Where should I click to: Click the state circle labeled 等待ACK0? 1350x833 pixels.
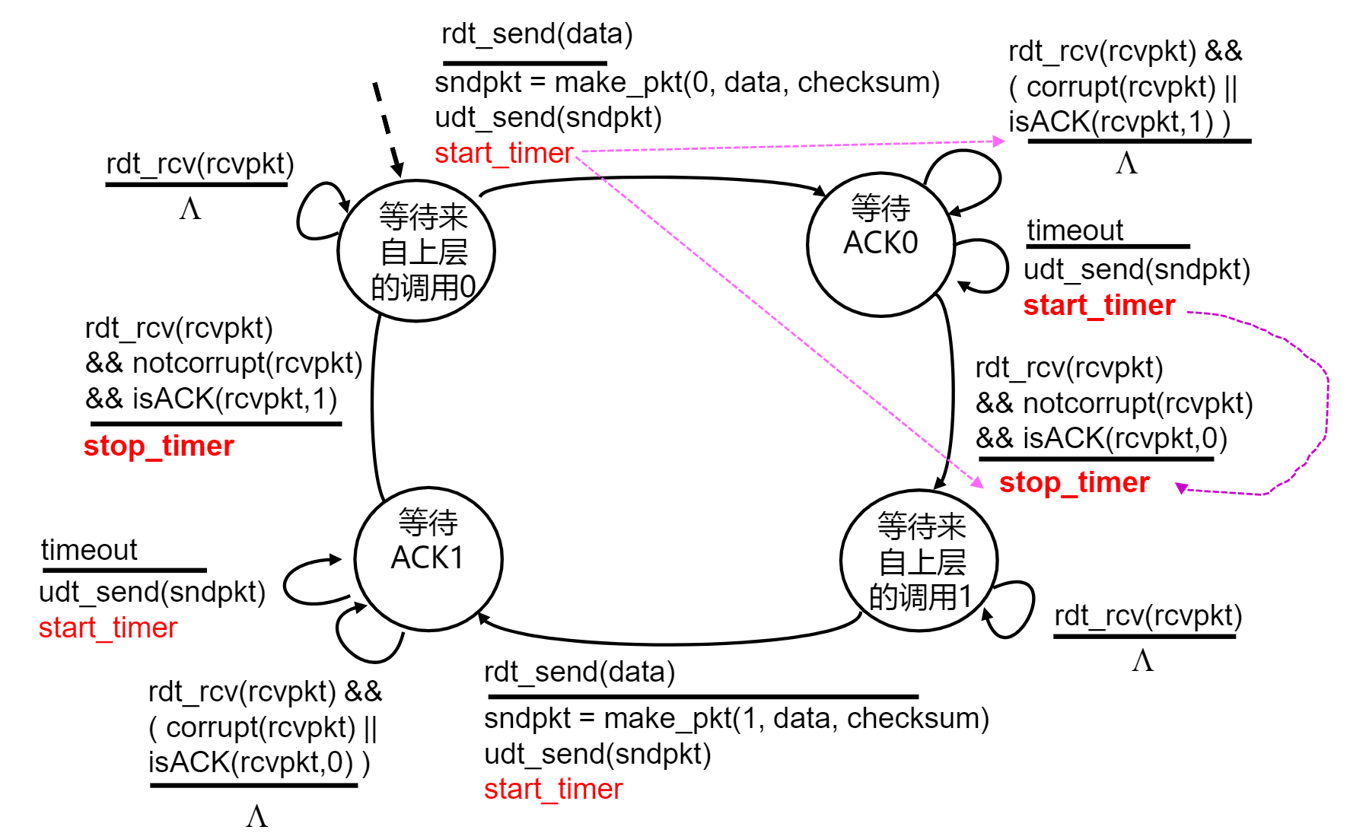click(x=880, y=243)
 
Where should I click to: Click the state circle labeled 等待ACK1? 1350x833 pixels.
click(x=428, y=559)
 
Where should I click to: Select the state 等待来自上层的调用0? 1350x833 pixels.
click(x=416, y=251)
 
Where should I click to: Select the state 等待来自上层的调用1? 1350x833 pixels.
click(x=919, y=561)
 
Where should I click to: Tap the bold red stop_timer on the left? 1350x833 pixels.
click(x=158, y=446)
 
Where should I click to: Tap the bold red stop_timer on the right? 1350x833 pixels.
click(x=1073, y=482)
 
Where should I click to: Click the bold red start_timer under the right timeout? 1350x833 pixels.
click(x=1098, y=305)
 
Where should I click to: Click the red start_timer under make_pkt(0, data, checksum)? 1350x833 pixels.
click(x=503, y=153)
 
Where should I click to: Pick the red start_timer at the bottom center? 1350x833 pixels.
click(x=552, y=789)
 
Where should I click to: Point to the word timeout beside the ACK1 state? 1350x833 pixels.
click(x=89, y=550)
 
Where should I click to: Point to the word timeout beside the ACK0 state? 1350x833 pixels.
click(x=1075, y=230)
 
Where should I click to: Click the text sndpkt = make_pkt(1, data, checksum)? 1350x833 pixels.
click(x=736, y=718)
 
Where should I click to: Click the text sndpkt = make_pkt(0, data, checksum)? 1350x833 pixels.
click(x=686, y=82)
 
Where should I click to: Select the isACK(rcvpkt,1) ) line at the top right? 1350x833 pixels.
click(x=1119, y=122)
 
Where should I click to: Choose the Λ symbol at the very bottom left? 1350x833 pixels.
click(x=256, y=816)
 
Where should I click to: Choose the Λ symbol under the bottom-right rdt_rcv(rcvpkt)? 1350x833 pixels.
click(x=1142, y=660)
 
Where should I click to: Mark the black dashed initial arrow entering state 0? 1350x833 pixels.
click(x=387, y=129)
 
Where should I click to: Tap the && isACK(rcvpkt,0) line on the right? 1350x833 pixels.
click(x=1101, y=438)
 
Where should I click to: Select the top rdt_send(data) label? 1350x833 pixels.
click(x=536, y=34)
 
